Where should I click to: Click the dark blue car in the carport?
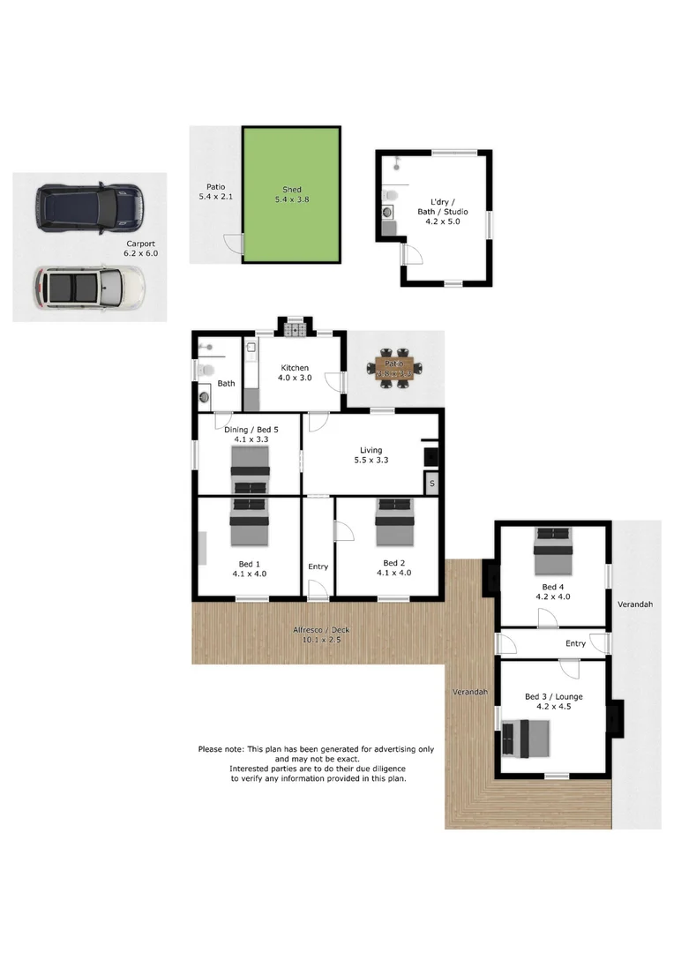(x=88, y=207)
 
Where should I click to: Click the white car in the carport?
(x=88, y=288)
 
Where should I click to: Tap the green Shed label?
(x=290, y=194)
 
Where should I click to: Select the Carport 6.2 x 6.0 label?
(x=141, y=248)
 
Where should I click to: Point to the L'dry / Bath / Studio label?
(x=442, y=216)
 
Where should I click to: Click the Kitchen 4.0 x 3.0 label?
(x=295, y=373)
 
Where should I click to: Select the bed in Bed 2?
(x=393, y=522)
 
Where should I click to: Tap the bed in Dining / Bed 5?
(x=250, y=469)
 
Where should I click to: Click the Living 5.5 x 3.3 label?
(x=371, y=455)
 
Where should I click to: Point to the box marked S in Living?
(x=431, y=484)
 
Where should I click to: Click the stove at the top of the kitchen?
(x=294, y=331)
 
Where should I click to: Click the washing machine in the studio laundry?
(x=388, y=212)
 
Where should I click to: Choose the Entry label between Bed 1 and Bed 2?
(x=318, y=567)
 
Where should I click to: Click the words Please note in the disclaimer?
(x=221, y=749)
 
